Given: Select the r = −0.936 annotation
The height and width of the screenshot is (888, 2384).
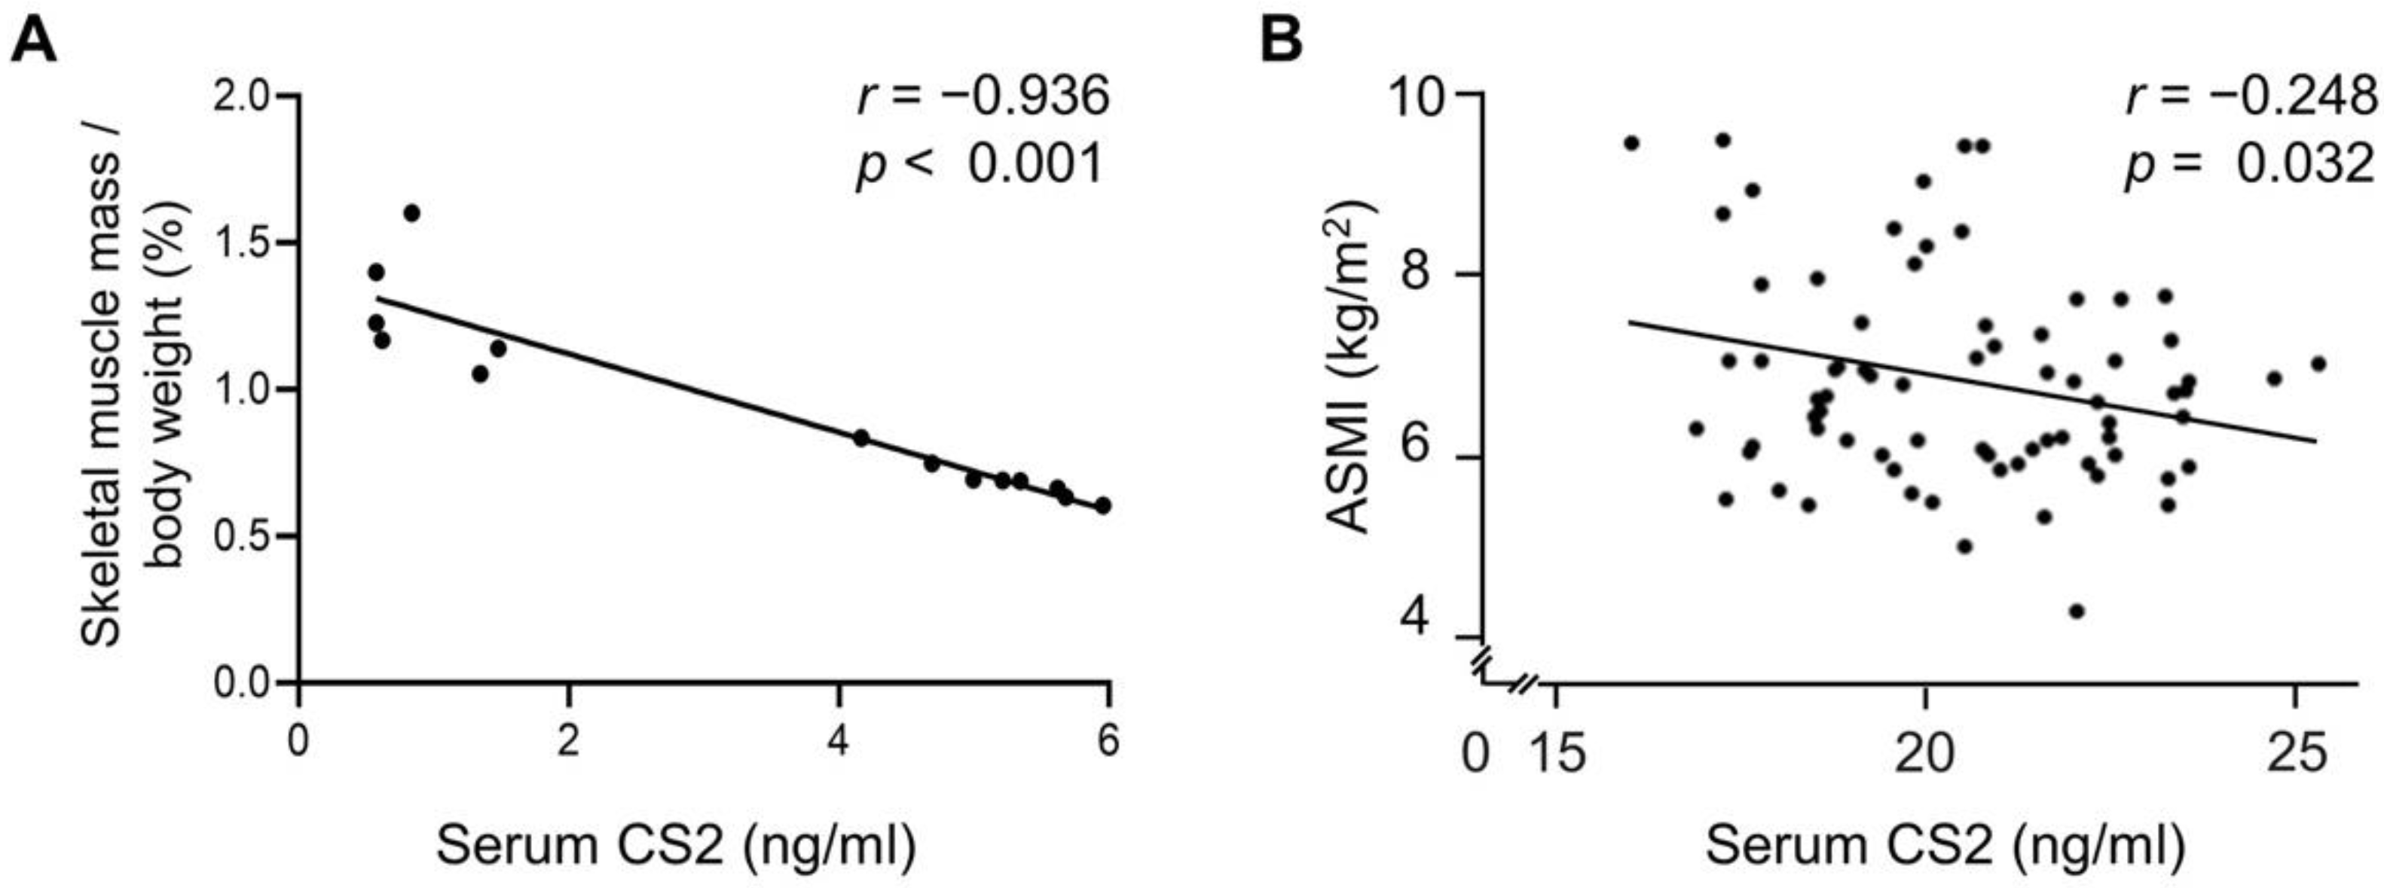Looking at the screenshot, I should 983,97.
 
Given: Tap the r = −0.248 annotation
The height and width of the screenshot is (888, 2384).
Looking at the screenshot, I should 2251,97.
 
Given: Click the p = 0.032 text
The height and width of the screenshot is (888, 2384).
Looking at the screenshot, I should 2251,166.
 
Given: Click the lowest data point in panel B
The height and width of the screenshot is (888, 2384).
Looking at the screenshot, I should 2077,612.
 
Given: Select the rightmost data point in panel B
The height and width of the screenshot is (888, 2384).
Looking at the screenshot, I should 2318,365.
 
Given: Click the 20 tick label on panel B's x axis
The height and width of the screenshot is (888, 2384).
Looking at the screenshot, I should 1925,755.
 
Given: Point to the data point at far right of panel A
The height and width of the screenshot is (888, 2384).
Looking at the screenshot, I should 1102,506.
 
